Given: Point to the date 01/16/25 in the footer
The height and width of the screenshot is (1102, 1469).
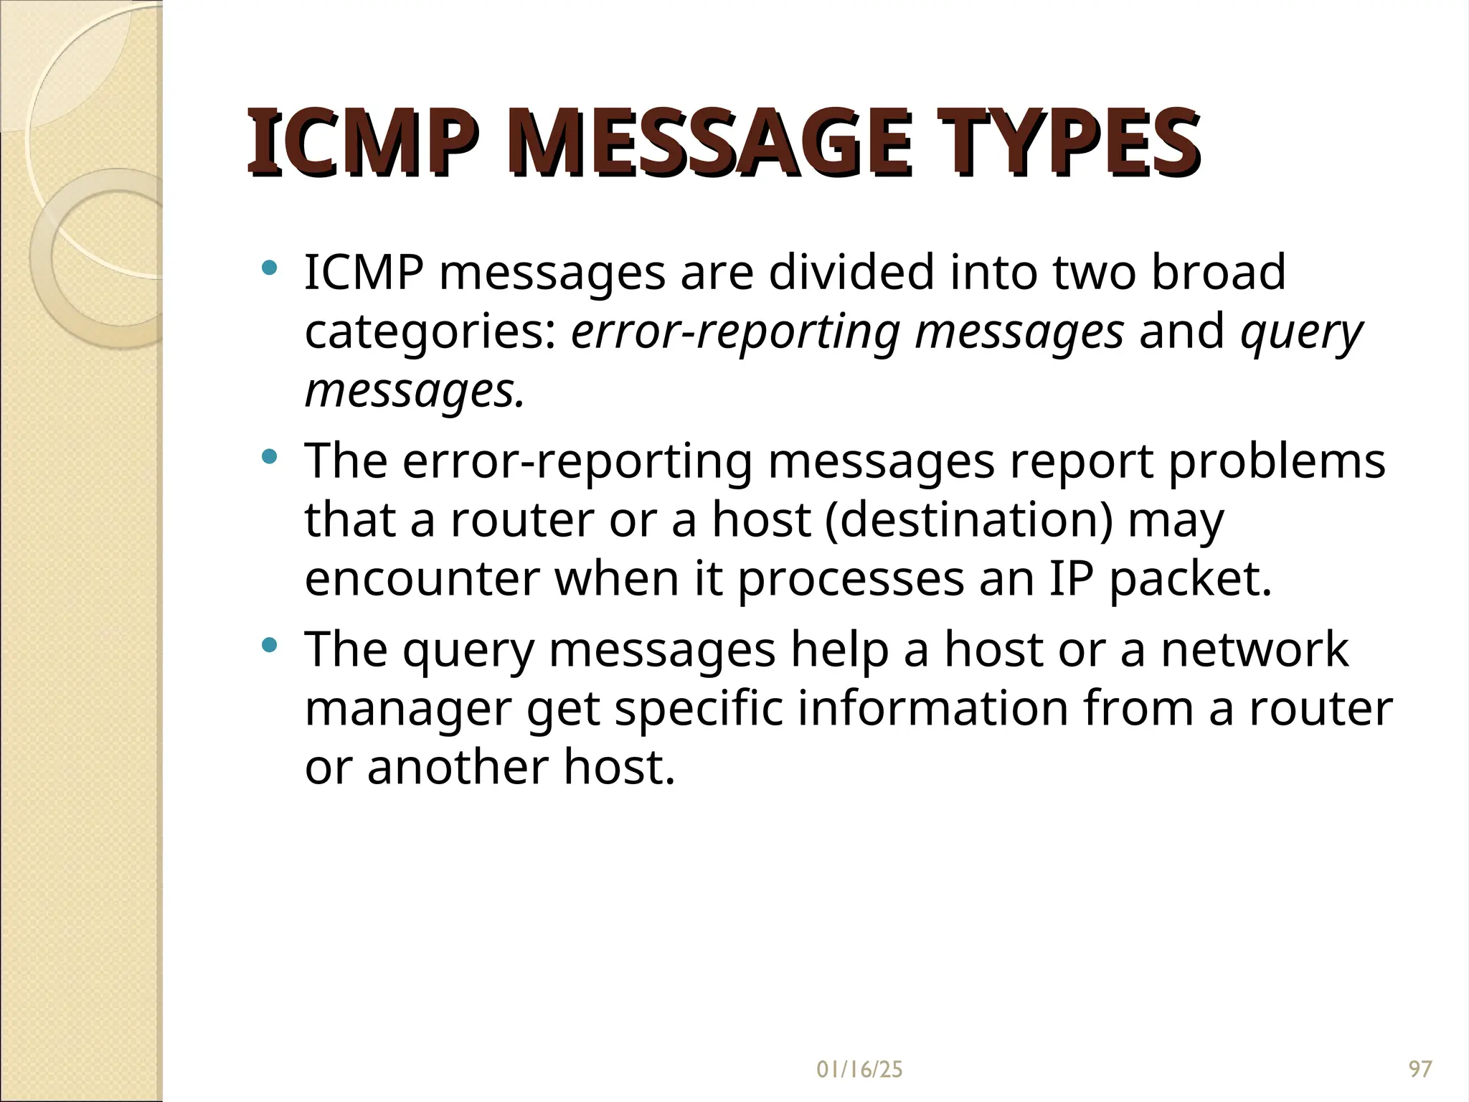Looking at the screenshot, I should coord(859,1070).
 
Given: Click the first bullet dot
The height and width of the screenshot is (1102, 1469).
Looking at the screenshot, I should coord(270,269).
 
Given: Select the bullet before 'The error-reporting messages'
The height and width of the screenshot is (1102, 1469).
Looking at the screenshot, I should coord(270,456).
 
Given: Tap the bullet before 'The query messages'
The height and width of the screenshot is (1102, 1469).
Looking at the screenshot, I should coord(270,645).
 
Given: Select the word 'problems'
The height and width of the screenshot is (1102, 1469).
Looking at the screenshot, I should coord(1277,461).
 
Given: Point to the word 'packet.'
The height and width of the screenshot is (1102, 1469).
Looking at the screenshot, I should coord(1191,578).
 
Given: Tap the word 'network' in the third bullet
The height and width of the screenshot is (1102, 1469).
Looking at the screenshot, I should coord(1255,649).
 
